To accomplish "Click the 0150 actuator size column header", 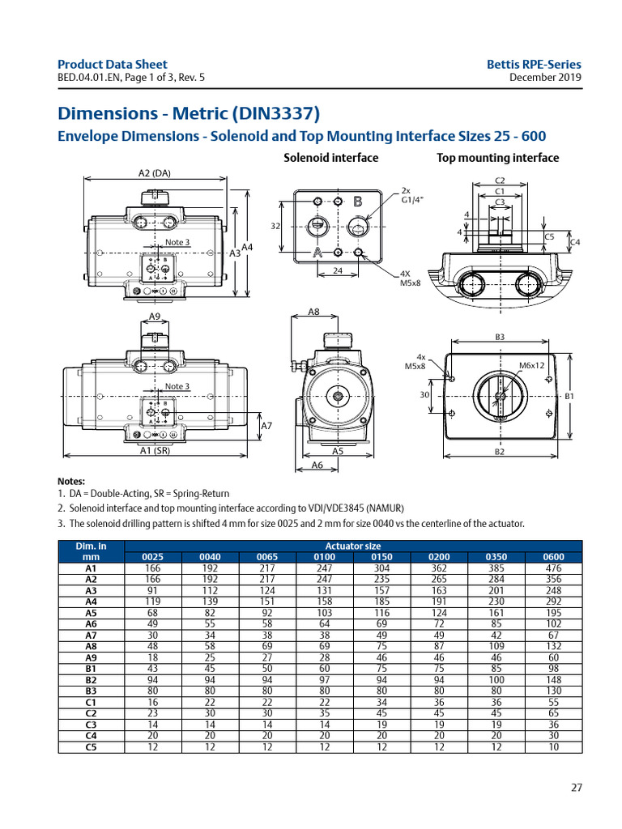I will coord(381,557).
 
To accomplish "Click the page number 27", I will coord(576,787).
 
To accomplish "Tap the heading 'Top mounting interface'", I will coord(497,158).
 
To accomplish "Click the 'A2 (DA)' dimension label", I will coord(155,172).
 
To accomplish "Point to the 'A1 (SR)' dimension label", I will coord(154,452).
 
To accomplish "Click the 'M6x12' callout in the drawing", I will coord(531,365).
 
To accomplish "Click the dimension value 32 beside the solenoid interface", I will coord(275,227).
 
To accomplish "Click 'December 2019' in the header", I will coord(545,78).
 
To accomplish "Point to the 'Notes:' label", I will coord(71,481).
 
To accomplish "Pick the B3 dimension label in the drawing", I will coord(500,336).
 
